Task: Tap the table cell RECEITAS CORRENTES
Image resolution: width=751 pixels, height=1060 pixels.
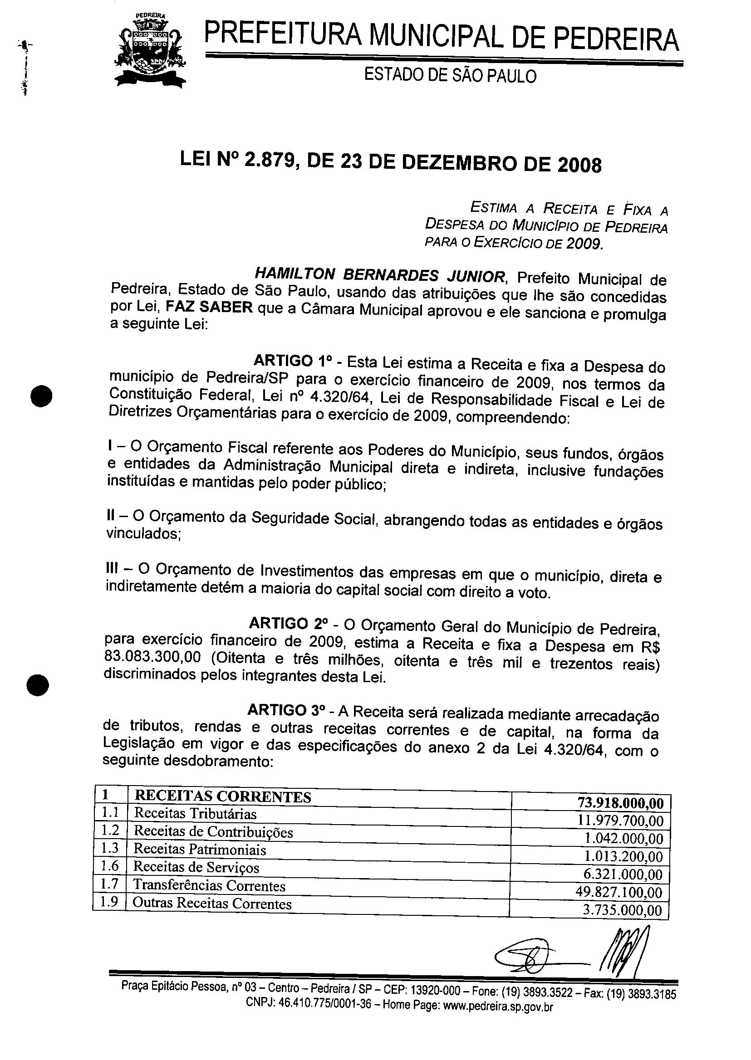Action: click(222, 796)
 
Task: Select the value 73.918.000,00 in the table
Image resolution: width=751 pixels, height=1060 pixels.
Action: click(620, 803)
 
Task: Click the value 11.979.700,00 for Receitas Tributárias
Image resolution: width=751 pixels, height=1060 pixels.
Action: click(620, 821)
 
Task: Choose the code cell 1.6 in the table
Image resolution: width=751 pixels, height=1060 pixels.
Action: click(110, 866)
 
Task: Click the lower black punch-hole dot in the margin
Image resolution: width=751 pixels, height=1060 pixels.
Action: click(38, 684)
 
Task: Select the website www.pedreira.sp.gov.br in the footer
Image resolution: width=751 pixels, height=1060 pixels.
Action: click(498, 1006)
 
